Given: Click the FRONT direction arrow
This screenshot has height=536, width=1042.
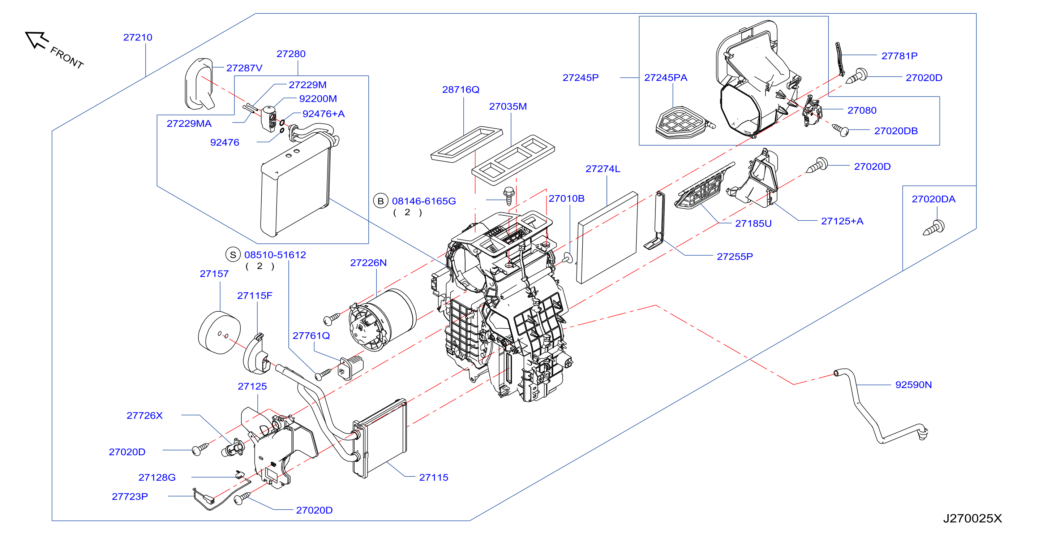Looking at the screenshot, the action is coord(37,40).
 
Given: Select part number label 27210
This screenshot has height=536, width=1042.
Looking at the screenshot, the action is coord(138,37).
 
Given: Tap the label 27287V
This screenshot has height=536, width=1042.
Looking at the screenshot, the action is coord(244,68).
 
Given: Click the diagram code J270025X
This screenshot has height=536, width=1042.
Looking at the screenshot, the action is coord(973,518).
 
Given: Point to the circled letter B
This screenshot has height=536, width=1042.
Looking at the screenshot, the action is coord(380,201).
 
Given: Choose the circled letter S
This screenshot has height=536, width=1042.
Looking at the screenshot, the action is coord(233,255).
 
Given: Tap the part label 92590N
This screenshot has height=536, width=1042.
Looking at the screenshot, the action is coord(913,384).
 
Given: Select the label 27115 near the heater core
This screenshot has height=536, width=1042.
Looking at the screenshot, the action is coord(434,477).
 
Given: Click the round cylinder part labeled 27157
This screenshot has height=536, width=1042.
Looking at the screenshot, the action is coord(219,333).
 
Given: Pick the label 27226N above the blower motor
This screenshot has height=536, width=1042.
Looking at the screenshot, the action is coord(368,263).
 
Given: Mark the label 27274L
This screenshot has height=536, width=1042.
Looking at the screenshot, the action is coord(603,169).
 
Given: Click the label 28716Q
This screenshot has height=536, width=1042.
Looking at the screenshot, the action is coord(461,89).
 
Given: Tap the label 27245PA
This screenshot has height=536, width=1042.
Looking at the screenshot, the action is coord(665,77).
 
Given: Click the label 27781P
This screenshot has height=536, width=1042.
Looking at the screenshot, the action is coord(899,56).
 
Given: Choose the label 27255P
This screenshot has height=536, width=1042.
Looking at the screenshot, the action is coord(734,256).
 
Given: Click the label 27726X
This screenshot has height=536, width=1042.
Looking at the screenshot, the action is coord(145,415).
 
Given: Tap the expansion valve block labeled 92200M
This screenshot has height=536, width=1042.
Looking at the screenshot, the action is coord(269,118).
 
